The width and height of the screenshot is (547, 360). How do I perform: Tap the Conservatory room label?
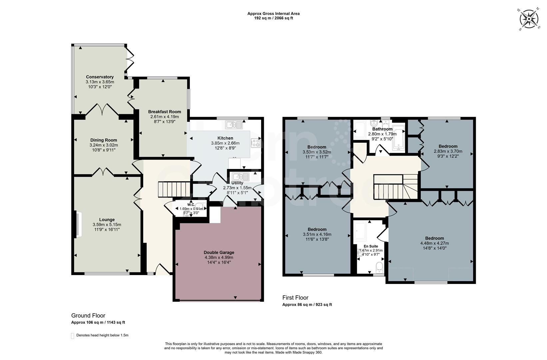pyautogui.click(x=100, y=77)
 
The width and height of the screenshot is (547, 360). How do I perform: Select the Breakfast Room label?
pyautogui.click(x=165, y=112)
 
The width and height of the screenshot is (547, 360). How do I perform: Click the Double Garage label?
pyautogui.click(x=219, y=252)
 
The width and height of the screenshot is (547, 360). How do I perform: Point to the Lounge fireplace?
pyautogui.click(x=77, y=225)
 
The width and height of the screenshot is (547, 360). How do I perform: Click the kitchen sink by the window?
pyautogui.click(x=234, y=125)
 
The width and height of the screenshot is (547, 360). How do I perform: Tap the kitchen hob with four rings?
pyautogui.click(x=256, y=143)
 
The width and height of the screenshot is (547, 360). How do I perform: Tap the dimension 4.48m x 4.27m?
pyautogui.click(x=434, y=243)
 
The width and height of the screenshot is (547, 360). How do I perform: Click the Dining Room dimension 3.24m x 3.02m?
pyautogui.click(x=104, y=145)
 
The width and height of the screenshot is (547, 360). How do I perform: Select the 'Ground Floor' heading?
pyautogui.click(x=88, y=315)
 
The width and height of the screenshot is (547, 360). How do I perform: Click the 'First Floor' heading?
pyautogui.click(x=295, y=298)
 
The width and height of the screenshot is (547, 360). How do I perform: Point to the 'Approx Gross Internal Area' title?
pyautogui.click(x=273, y=14)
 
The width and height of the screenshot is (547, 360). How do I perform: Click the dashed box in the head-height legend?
pyautogui.click(x=73, y=336)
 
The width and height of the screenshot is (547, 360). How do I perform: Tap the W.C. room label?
pyautogui.click(x=191, y=205)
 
